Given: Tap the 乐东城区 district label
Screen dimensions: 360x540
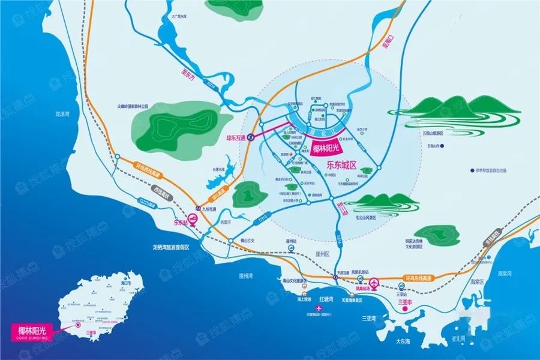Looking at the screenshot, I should pyautogui.click(x=341, y=163).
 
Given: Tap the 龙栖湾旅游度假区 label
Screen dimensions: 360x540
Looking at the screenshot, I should pyautogui.click(x=171, y=247).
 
